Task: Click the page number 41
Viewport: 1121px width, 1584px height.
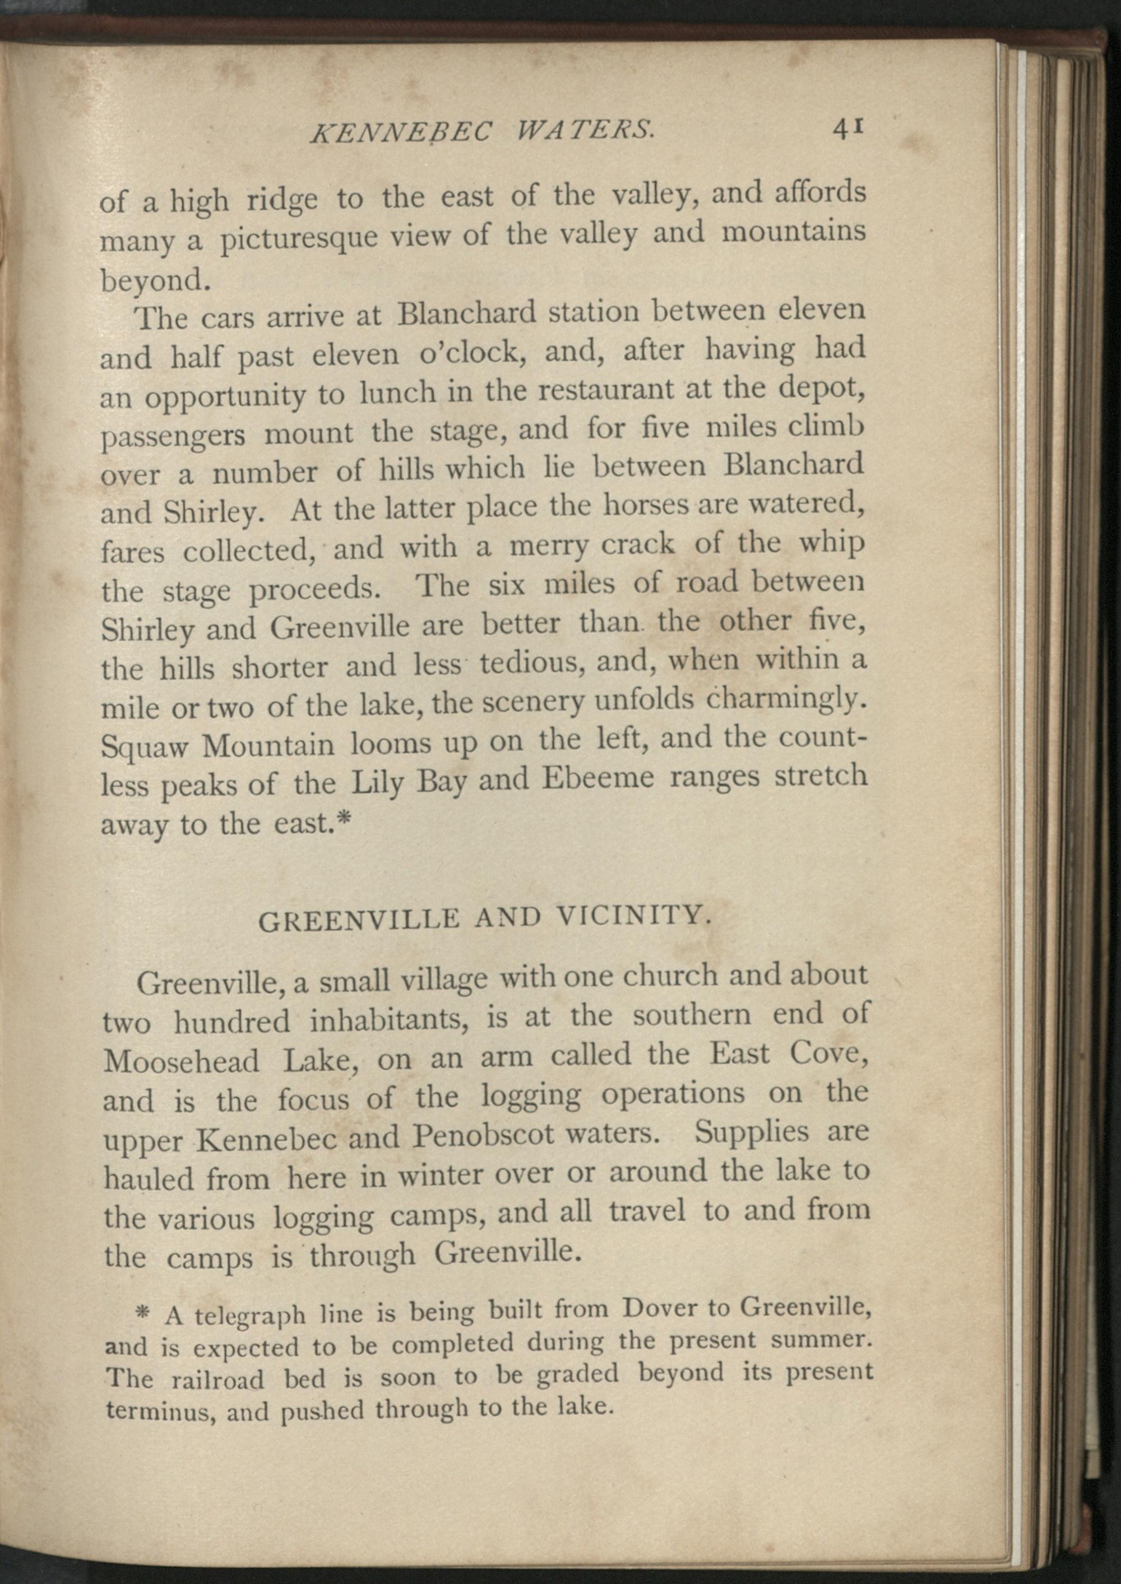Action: click(x=849, y=129)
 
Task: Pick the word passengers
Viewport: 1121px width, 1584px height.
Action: click(x=173, y=436)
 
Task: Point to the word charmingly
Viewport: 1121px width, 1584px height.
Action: click(x=784, y=701)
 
